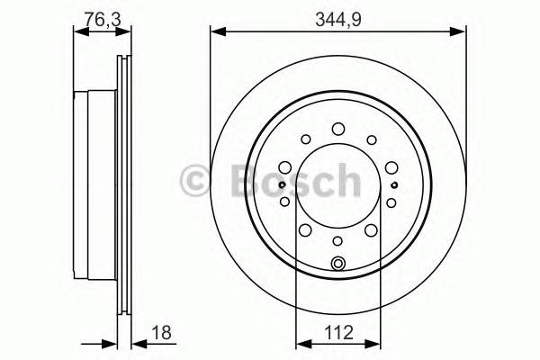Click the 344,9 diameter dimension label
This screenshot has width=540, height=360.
click(338, 15)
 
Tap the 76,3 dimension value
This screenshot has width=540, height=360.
click(96, 15)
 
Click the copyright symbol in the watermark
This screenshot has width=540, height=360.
click(197, 180)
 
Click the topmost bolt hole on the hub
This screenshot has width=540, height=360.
click(338, 129)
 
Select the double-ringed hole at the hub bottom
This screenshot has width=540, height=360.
click(338, 263)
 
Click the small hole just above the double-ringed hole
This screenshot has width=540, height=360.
click(338, 240)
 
